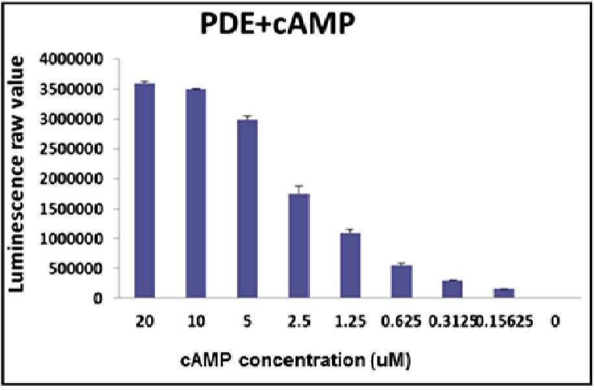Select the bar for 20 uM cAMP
(145, 191)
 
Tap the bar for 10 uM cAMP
(196, 193)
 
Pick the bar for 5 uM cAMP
(248, 209)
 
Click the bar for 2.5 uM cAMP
(299, 246)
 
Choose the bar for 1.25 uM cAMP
(350, 265)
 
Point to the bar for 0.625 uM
(402, 282)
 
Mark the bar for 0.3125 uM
(453, 289)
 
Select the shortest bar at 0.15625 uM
(504, 293)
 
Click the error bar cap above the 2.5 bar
(299, 186)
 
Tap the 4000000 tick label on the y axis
(72, 60)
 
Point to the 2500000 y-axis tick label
(72, 149)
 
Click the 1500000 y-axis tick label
(72, 209)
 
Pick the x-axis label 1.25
(351, 321)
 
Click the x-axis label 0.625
(402, 321)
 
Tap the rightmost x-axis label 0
(555, 321)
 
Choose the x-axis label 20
(145, 321)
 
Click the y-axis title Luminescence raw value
(16, 175)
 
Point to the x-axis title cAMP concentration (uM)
(296, 360)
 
